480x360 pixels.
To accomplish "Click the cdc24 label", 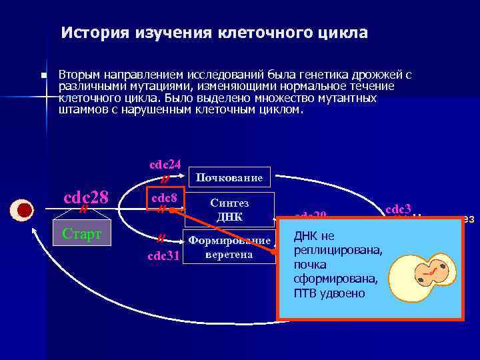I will click(165, 165).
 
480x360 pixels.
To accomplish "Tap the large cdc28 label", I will click(85, 197).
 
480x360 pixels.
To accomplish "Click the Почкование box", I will click(231, 177).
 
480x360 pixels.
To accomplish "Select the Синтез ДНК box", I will click(229, 210).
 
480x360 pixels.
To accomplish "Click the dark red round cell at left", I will click(25, 210).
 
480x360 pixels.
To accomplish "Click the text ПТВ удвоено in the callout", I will click(329, 293).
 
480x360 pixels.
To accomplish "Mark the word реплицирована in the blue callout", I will click(337, 251).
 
